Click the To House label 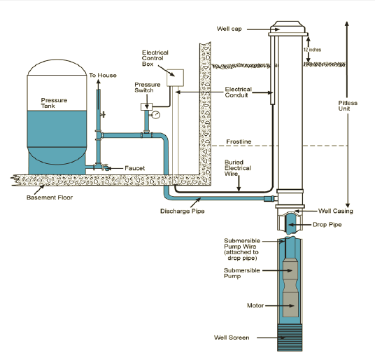[x=103, y=75]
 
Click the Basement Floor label [x=51, y=198]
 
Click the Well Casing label [x=335, y=211]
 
